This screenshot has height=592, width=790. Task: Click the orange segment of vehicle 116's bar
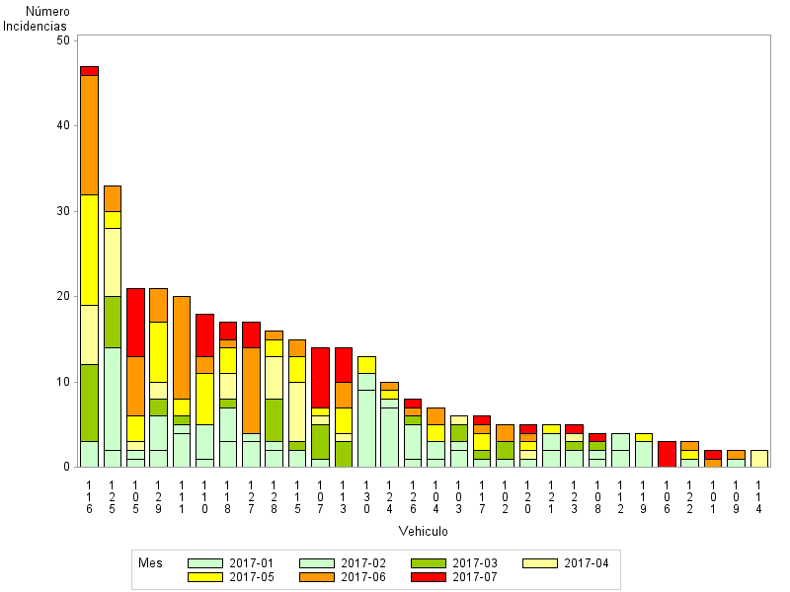pos(89,134)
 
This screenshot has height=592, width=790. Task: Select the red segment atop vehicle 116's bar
pos(89,70)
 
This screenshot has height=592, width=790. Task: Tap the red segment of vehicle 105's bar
pos(135,322)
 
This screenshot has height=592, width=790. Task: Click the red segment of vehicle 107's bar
pos(320,377)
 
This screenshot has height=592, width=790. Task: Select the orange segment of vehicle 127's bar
pos(251,390)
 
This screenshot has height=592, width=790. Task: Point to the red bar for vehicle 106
pos(667,454)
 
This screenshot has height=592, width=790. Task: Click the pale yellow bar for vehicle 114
pos(758,458)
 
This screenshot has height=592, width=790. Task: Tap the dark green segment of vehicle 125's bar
pos(113,322)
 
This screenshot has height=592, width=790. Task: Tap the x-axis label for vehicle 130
pos(366,498)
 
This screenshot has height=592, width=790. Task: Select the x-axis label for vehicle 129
pos(159,498)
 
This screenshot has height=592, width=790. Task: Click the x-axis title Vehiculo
pos(424,531)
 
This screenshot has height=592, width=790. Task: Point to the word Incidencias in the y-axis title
pos(35,25)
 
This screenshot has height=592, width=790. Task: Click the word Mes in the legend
pos(150,563)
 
